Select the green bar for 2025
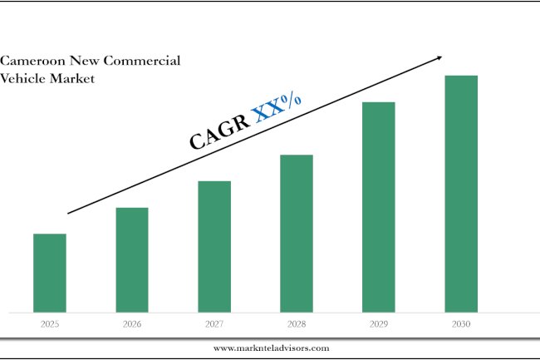50,273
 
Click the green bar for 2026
132,259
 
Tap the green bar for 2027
214,246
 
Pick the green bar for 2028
297,233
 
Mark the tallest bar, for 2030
461,193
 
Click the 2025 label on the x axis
50,324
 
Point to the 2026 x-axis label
132,324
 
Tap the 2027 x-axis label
214,324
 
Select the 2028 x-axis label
297,324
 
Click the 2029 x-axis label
379,324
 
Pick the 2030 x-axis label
461,324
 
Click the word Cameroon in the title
32,62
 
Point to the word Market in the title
72,78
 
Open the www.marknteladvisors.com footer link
271,348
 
